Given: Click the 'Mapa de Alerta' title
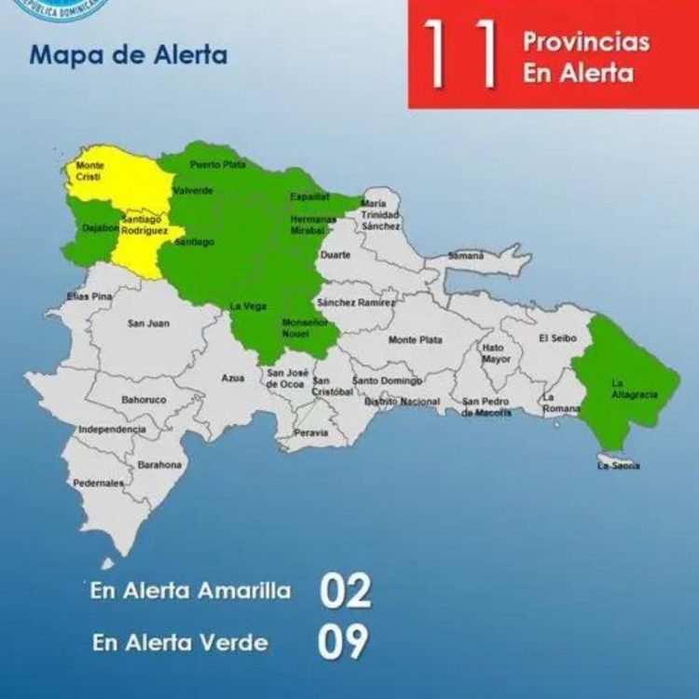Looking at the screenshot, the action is coord(129,54).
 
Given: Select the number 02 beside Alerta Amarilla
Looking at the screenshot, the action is coord(346,591).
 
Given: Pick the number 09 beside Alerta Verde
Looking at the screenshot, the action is coord(343,641).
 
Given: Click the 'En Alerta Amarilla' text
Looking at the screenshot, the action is coord(191,591).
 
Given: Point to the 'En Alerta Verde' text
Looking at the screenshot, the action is coord(180,642).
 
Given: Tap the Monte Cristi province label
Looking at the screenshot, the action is coord(90,171).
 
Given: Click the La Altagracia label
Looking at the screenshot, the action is coord(634,389).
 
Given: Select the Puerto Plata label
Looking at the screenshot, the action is coord(218,165).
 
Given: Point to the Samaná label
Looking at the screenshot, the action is coord(466,254).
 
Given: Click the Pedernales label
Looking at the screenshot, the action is coord(99,484).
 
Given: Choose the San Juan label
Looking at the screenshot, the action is coord(148,323).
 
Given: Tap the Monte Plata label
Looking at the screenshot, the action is coord(416,339).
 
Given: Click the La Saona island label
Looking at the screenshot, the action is coord(619,465).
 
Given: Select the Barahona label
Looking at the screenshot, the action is coord(160,464).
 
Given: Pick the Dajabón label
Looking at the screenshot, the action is coord(100,227).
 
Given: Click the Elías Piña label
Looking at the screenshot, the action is coord(89,296).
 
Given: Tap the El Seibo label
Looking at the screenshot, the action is coord(557,338).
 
